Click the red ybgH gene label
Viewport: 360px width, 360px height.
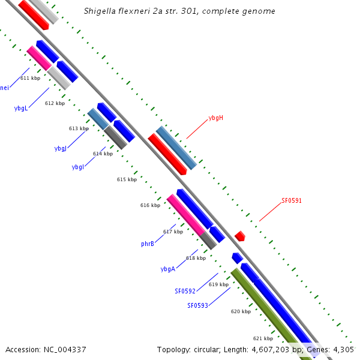point(216,118)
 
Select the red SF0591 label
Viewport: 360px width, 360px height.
point(292,200)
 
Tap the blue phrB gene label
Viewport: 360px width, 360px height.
point(148,244)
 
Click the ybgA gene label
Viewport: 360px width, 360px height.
point(168,269)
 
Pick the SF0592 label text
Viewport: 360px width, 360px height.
point(185,291)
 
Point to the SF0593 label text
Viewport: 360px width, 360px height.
point(197,305)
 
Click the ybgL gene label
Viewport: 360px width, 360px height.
point(21,109)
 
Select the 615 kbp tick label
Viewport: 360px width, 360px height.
point(127,179)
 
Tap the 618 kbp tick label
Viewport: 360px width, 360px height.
point(196,258)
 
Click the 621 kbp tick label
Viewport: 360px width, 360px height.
point(263,338)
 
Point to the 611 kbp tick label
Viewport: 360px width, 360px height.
point(30,78)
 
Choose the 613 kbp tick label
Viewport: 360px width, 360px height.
point(79,128)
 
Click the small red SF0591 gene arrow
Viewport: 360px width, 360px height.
point(240,236)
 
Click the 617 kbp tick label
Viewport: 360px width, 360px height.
point(173,232)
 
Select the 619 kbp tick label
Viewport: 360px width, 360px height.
point(218,284)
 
